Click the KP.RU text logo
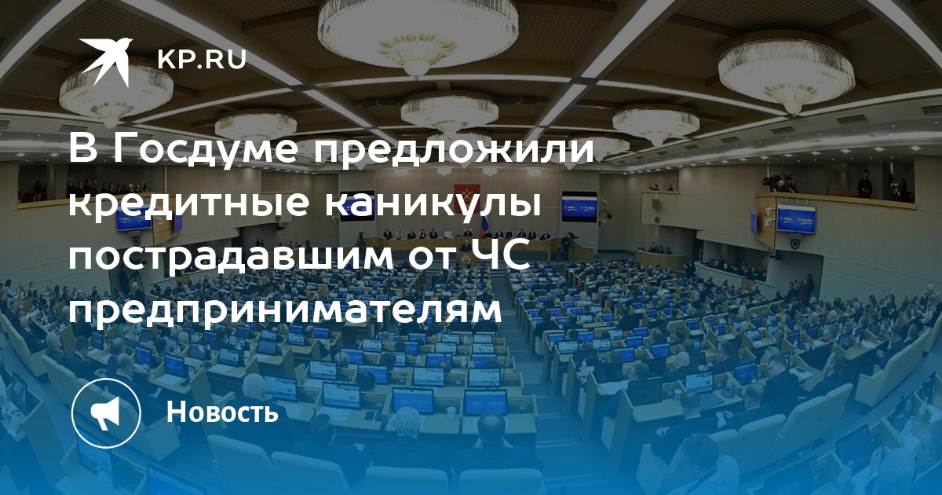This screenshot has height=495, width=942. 202,60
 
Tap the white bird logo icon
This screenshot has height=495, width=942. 106,60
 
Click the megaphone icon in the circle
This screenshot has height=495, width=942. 105,412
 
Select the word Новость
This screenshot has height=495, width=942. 222,412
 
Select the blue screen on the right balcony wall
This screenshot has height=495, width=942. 796,219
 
